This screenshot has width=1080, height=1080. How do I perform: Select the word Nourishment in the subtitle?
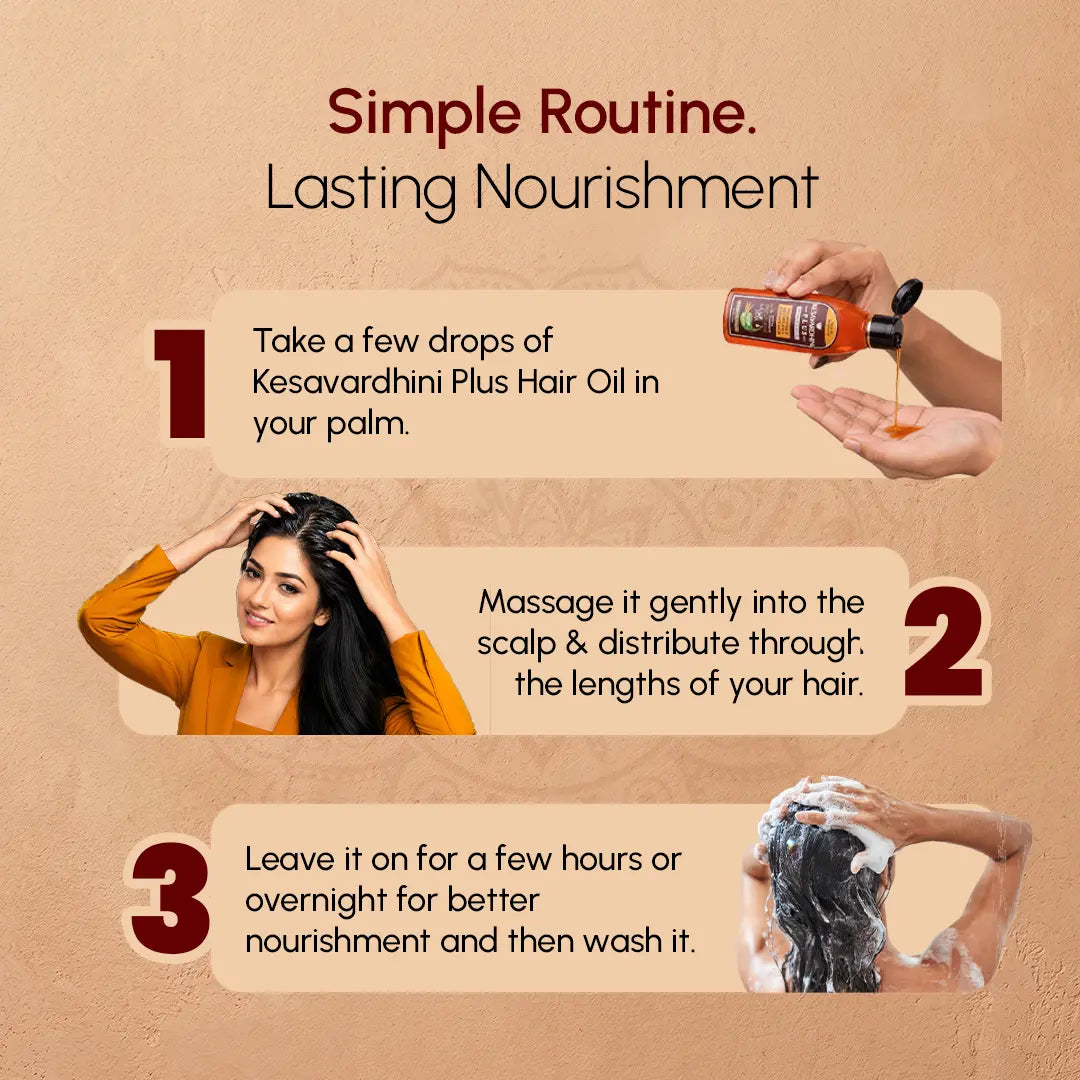pyautogui.click(x=646, y=186)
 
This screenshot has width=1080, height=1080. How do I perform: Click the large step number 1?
pyautogui.click(x=180, y=383)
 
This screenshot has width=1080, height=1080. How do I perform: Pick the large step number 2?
pyautogui.click(x=944, y=641)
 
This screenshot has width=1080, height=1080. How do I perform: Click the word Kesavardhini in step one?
pyautogui.click(x=349, y=382)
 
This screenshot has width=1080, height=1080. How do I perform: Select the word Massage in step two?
pyautogui.click(x=546, y=603)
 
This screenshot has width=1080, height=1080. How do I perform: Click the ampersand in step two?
pyautogui.click(x=576, y=643)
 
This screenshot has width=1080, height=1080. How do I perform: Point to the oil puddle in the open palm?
pyautogui.click(x=902, y=430)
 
